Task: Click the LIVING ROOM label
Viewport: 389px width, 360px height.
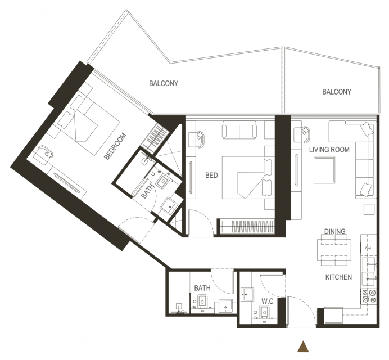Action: tap(329, 150)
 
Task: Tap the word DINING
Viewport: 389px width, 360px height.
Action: tap(335, 231)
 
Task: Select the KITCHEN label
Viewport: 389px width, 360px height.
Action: tap(338, 277)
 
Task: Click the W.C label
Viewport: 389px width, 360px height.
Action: tap(268, 301)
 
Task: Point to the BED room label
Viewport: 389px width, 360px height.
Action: tap(211, 175)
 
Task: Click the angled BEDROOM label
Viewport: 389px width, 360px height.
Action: tap(115, 146)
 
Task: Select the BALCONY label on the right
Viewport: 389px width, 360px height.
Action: tap(337, 92)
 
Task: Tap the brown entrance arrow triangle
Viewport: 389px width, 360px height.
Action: tap(303, 346)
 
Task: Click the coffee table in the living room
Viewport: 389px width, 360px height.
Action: tap(324, 170)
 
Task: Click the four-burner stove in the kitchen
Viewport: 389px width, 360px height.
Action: tap(369, 296)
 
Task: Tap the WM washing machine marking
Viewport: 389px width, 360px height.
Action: tap(368, 248)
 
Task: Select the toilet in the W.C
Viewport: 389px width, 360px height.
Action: tap(264, 312)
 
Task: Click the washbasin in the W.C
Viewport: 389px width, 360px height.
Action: tap(247, 294)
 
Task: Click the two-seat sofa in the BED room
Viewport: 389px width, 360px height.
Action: tap(239, 130)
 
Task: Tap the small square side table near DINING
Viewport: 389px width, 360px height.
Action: tap(369, 209)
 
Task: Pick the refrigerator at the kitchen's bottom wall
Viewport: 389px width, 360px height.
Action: tap(333, 316)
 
